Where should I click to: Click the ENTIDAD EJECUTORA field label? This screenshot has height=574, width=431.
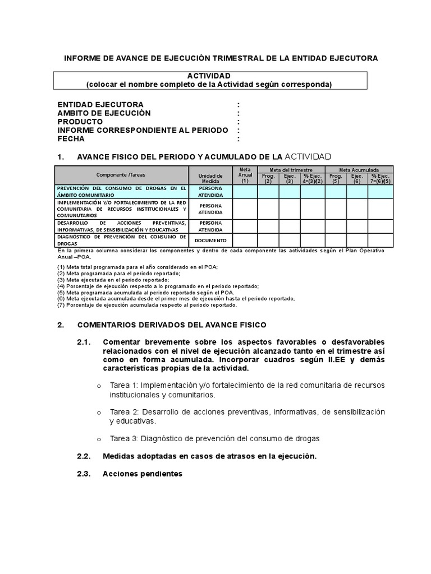[x=100, y=105]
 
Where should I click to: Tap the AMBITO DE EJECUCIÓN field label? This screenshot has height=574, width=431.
[x=104, y=113]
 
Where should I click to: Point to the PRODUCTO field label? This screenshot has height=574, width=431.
[x=80, y=122]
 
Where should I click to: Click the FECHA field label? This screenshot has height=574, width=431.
[x=71, y=139]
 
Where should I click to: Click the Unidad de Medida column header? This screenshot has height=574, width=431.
[x=210, y=178]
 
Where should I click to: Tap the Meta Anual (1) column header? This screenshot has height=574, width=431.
[x=245, y=175]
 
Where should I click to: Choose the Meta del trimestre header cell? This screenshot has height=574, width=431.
[x=290, y=169]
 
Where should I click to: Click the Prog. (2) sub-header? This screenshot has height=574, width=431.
[x=268, y=178]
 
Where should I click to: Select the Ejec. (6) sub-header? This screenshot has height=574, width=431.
[x=357, y=178]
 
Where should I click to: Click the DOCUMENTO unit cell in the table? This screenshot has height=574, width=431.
[x=210, y=240]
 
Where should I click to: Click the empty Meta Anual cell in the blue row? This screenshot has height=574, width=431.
[x=245, y=192]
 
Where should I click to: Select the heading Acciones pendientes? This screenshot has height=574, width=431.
[x=143, y=474]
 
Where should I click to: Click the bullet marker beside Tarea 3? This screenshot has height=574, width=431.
[x=99, y=439]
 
